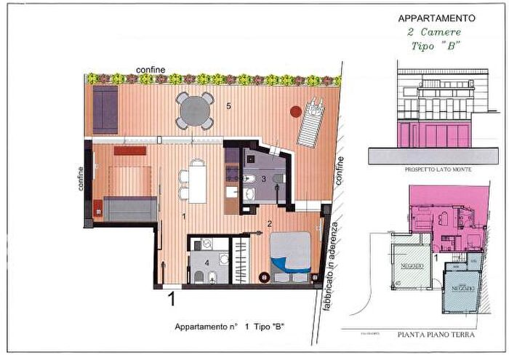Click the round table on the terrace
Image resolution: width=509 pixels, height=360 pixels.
point(196,111)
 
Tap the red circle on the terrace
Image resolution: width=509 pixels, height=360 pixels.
point(296,111)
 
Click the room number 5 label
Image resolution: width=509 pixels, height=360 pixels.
point(228,106)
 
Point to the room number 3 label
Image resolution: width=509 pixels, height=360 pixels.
point(265,178)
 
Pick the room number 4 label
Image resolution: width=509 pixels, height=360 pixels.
point(207,262)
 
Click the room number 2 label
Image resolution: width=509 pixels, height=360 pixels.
point(269,224)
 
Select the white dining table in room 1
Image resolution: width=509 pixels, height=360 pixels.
point(195,181)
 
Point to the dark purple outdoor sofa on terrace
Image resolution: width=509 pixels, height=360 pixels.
point(105,109)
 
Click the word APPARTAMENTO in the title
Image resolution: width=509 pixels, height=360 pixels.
point(436,18)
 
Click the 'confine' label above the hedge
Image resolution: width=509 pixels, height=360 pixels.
point(150,69)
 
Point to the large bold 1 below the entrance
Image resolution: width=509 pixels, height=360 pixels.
point(172,298)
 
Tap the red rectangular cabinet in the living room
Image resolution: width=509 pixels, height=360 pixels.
point(129,151)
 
